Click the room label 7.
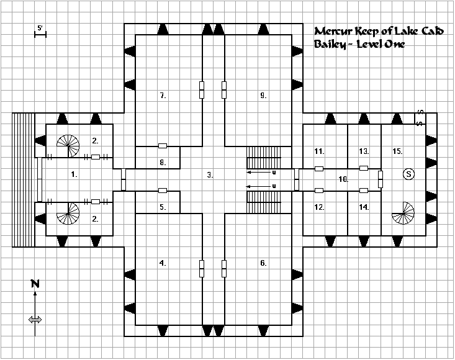click(163, 95)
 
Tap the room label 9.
click(263, 95)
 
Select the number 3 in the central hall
click(210, 175)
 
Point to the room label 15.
click(397, 151)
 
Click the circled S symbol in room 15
click(409, 174)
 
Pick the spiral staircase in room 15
click(403, 214)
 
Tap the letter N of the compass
click(35, 284)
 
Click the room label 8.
click(163, 163)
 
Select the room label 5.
click(163, 207)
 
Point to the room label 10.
click(343, 179)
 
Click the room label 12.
click(319, 207)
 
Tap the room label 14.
click(364, 207)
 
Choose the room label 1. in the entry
click(74, 174)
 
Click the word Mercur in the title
click(334, 31)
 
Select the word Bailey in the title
click(330, 45)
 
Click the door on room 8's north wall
click(163, 146)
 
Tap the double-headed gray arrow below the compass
click(35, 320)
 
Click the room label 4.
click(163, 263)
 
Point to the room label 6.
click(263, 263)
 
